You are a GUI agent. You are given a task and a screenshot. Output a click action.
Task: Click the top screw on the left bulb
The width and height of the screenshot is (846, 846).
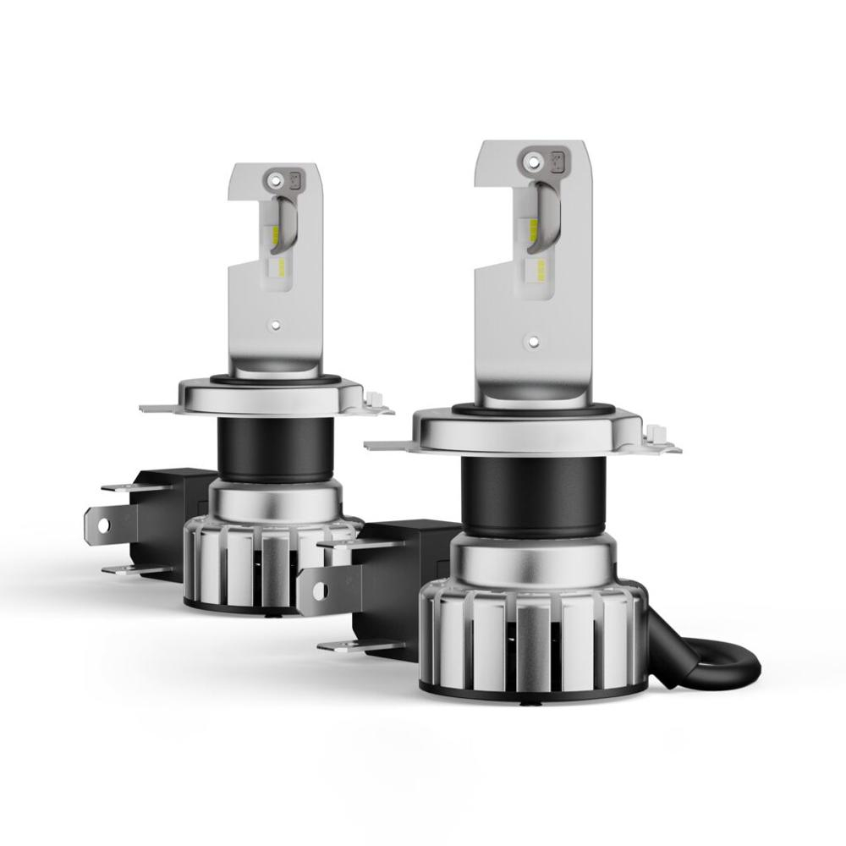click(272, 179)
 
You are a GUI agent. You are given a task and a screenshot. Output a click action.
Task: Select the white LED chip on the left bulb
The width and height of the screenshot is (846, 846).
click(276, 270)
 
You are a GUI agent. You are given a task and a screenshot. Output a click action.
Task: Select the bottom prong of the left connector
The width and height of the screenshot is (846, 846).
click(127, 569)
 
